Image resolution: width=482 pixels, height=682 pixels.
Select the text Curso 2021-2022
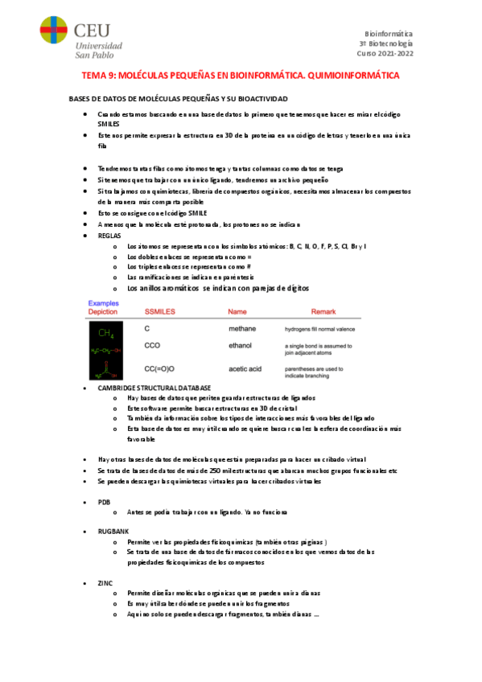point(385,53)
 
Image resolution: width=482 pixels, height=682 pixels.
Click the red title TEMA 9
point(241,75)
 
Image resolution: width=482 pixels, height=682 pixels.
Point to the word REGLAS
point(109,236)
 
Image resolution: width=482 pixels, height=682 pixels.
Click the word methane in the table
point(242,329)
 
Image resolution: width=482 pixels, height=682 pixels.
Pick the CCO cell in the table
point(152,346)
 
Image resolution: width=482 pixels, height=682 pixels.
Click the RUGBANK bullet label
point(111,532)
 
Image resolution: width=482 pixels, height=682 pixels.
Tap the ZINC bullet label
point(105,581)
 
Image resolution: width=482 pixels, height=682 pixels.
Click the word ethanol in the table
point(241,346)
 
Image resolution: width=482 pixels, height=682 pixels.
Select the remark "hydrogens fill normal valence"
point(322,329)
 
